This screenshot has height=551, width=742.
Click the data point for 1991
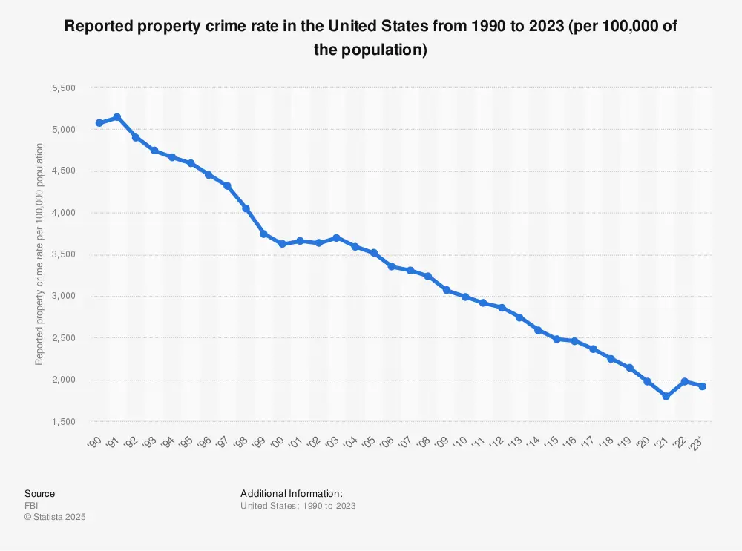pos(117,117)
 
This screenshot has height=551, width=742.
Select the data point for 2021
pos(666,396)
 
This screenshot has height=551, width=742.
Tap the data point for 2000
pos(282,244)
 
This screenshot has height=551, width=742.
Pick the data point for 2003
pos(337,238)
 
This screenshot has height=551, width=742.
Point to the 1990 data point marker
pos(99,122)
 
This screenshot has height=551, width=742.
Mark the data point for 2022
pos(684,381)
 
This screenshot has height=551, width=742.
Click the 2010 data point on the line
pos(465,297)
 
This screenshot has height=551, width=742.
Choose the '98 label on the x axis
pos(242,443)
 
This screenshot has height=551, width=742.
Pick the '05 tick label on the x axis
pos(370,443)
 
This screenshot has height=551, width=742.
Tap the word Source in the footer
pos(39,494)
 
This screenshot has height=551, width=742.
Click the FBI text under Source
pos(31,506)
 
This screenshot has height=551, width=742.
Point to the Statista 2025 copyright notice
pos(55,517)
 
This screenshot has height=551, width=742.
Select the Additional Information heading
pos(292,494)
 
